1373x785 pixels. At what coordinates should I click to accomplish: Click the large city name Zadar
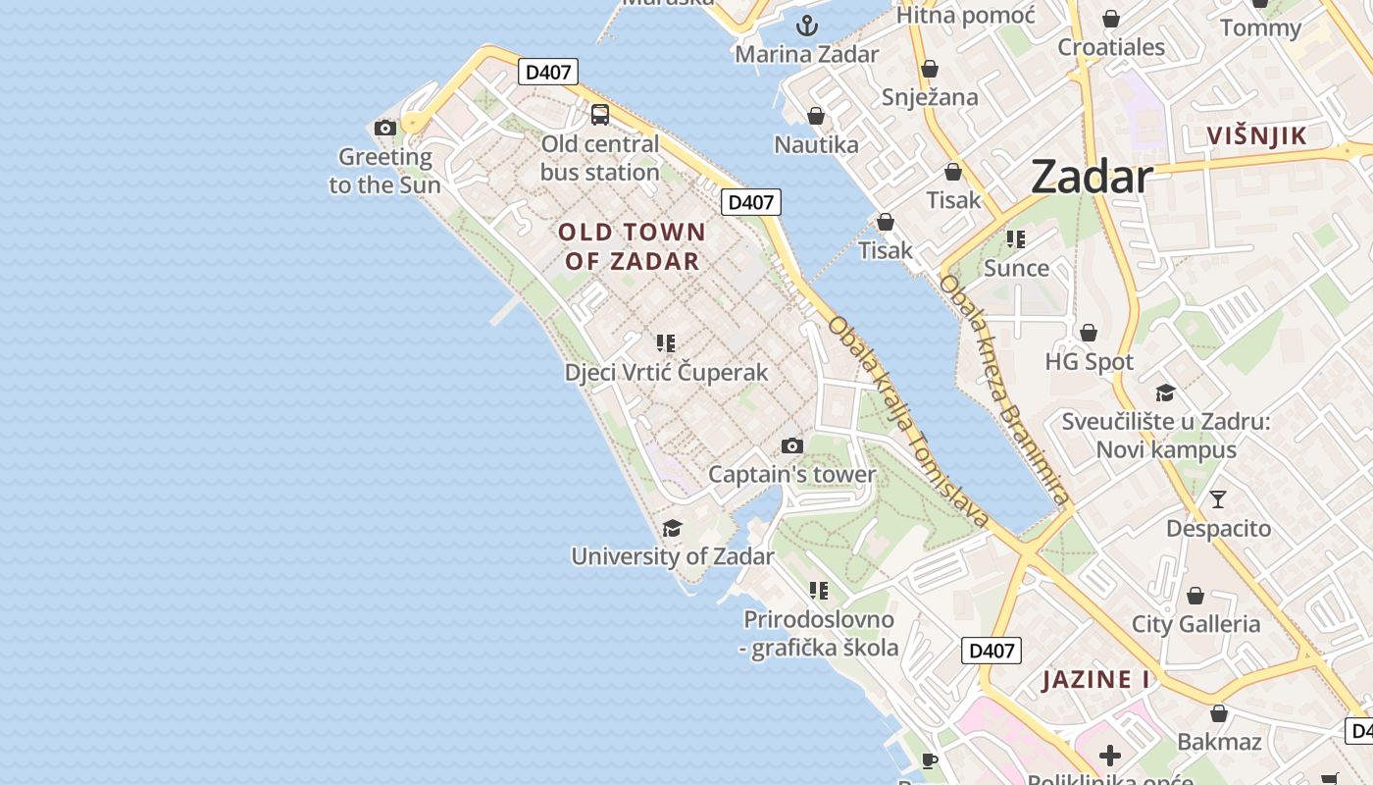coord(1091,178)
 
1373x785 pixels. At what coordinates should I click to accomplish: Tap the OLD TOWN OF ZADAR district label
coord(633,246)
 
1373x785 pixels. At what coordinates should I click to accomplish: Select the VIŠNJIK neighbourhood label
coord(1256,135)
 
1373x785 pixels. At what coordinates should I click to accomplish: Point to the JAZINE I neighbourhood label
coord(1095,679)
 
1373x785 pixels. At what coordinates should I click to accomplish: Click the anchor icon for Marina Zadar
coord(807,26)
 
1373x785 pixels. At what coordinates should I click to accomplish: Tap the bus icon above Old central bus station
coord(600,115)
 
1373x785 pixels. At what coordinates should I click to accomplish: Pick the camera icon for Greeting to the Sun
coord(385,128)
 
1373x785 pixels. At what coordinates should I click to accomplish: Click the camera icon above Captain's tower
coord(792,446)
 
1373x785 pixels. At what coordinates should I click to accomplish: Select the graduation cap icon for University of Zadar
coord(672,529)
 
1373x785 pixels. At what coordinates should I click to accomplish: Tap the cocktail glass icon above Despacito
coord(1218,499)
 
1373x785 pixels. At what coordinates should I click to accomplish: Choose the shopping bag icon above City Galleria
coord(1195,596)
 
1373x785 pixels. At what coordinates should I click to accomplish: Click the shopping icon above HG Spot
coord(1089,333)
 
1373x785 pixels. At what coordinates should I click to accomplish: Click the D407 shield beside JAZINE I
coord(992,650)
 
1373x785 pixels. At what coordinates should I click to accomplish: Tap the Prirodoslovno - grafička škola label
coord(819,634)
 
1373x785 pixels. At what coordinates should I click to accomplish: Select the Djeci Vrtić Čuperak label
coord(666,373)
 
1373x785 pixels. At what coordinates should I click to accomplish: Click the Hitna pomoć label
coord(965,15)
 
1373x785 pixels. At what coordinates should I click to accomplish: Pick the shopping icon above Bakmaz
coord(1219,713)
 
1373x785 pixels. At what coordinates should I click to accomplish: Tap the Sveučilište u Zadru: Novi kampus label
coord(1166,436)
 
